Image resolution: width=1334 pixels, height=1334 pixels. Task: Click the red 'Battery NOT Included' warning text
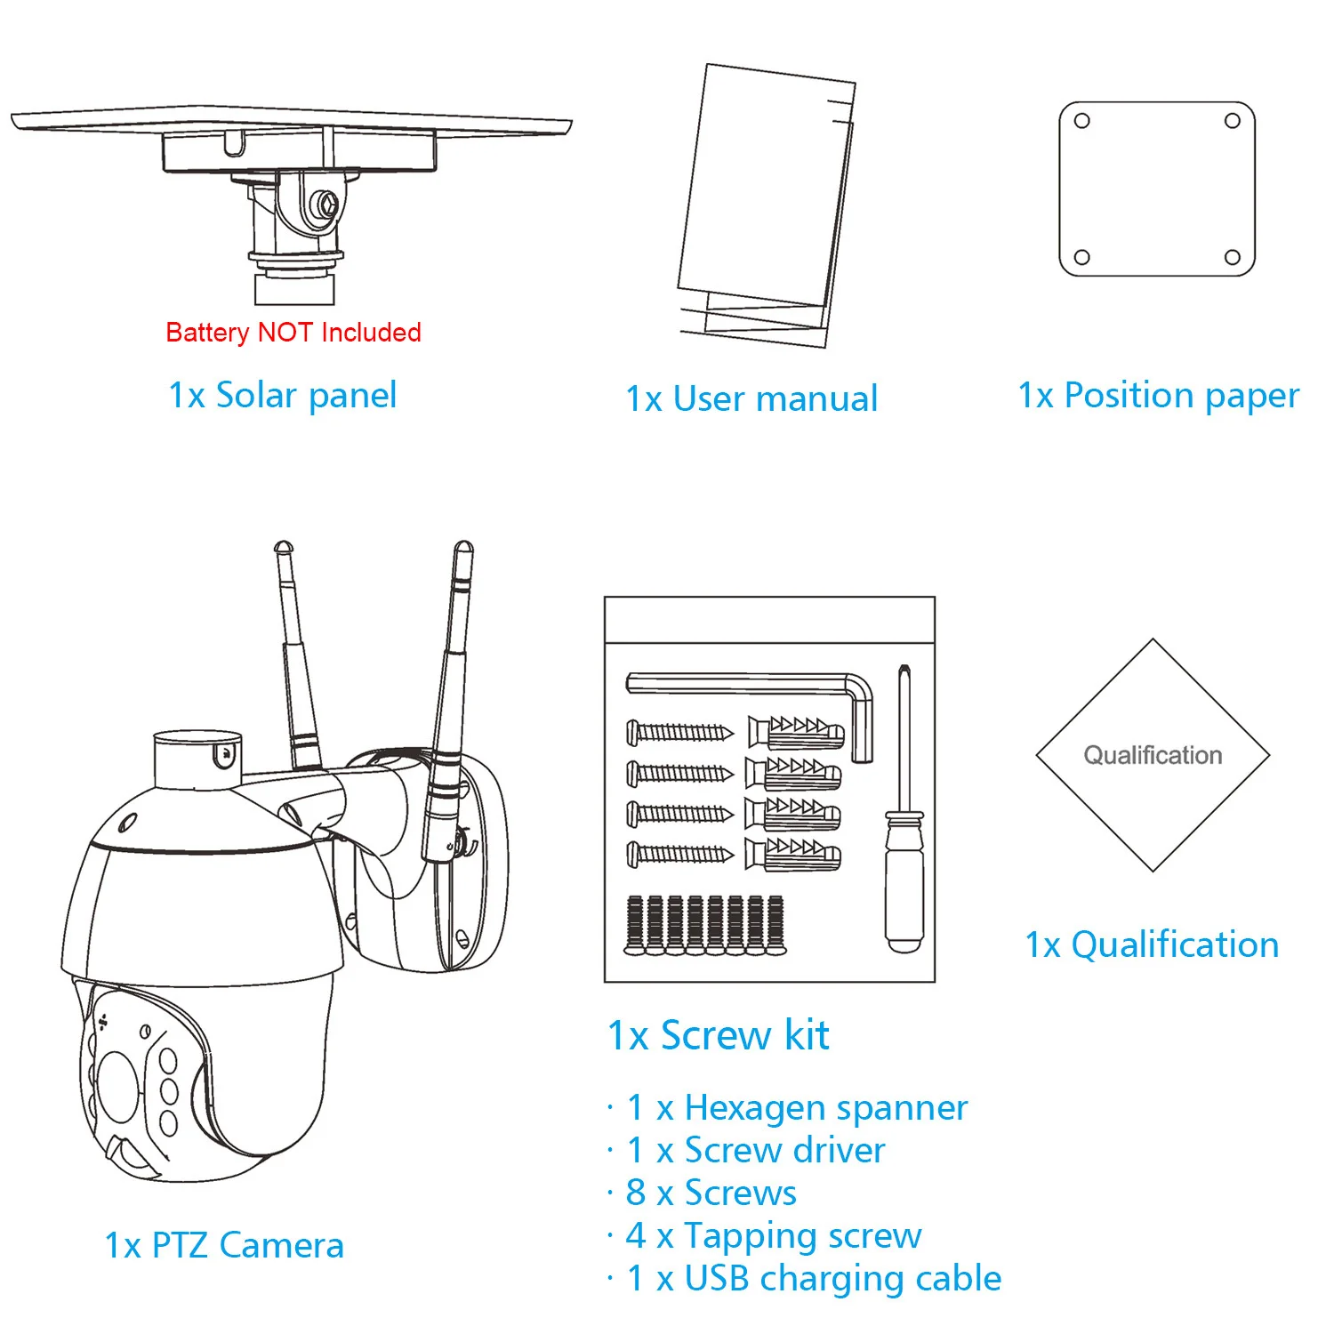point(293,333)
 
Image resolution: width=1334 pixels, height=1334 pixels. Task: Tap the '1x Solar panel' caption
point(283,396)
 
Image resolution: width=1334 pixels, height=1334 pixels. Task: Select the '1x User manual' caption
point(751,399)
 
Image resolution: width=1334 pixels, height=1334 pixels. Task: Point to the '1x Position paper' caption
point(1158,396)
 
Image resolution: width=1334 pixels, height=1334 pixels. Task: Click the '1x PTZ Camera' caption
point(224,1246)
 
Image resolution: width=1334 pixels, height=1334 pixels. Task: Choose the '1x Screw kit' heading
point(718,1036)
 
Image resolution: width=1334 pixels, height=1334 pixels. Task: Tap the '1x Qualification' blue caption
point(1152,945)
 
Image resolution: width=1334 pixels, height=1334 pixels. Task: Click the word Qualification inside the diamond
point(1153,756)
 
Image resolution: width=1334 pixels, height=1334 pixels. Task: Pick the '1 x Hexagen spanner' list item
point(797,1108)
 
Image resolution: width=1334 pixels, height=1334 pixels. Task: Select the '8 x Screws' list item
point(711,1193)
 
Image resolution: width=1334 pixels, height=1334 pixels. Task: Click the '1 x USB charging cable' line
point(814,1279)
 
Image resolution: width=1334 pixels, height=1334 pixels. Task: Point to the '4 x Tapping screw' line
point(774,1236)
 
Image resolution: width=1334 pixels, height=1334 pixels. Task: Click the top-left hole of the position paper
point(1082,121)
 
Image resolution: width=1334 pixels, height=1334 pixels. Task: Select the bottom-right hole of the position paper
point(1233,258)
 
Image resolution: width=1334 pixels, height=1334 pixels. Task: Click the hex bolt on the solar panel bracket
point(325,204)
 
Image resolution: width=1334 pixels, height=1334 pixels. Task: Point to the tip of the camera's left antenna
point(283,546)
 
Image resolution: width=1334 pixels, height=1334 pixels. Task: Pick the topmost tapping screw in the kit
point(680,733)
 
